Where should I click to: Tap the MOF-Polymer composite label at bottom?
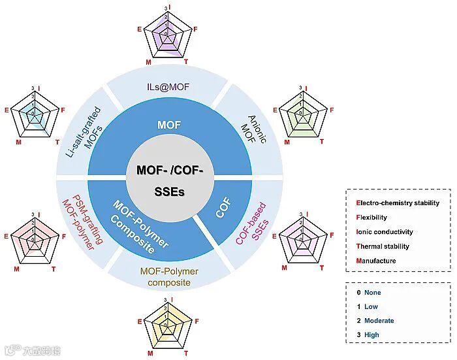point(169,276)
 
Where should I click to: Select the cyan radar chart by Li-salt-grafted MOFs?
point(33,112)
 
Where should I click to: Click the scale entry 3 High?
point(371,335)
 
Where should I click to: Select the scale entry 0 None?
point(371,292)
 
